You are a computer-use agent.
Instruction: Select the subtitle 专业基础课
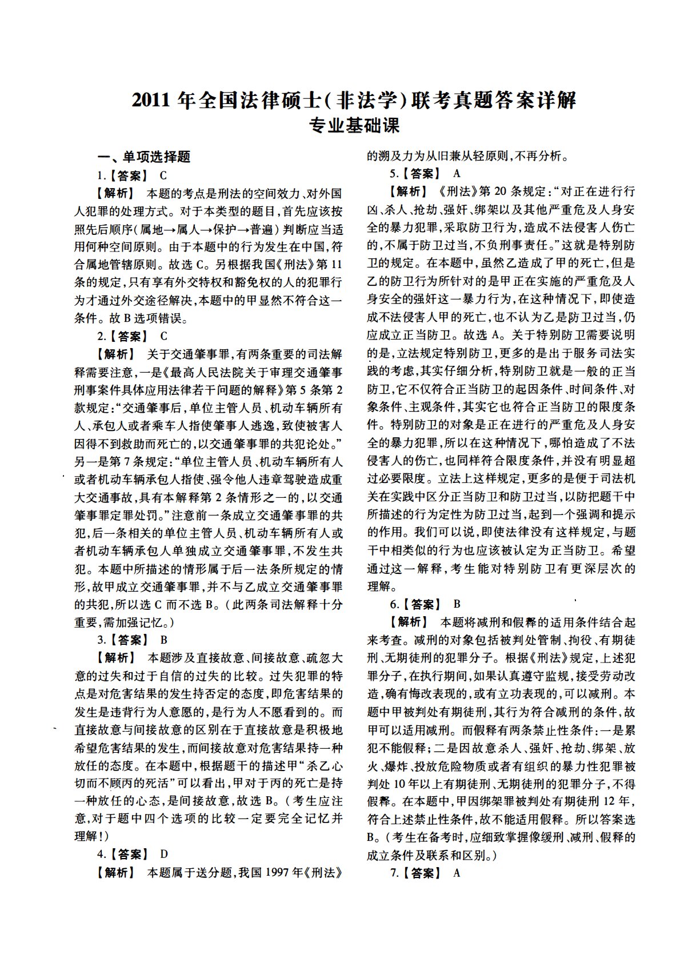(x=354, y=125)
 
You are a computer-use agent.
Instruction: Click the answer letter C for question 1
(x=163, y=175)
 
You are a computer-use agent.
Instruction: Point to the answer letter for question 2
(x=163, y=336)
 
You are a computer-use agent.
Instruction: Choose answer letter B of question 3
(x=164, y=640)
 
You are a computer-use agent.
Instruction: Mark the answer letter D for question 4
(x=164, y=854)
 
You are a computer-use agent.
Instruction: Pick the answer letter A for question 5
(x=456, y=173)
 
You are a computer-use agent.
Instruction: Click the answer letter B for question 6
(x=457, y=604)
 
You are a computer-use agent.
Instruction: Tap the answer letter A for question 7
(x=456, y=872)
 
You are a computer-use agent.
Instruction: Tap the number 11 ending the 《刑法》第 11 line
(x=337, y=265)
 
